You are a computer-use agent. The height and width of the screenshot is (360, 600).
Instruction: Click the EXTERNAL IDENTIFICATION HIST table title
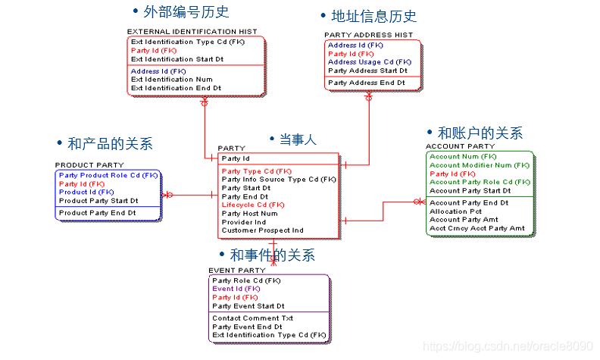192,32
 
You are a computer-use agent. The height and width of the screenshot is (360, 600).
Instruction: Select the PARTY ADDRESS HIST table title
369,35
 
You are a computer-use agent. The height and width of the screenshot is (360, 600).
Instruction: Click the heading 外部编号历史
185,12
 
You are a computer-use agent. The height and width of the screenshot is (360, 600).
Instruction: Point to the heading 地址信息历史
373,16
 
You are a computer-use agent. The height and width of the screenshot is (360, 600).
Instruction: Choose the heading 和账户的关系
480,133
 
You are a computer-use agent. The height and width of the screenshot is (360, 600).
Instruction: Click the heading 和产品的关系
110,143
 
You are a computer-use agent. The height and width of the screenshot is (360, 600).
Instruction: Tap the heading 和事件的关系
272,255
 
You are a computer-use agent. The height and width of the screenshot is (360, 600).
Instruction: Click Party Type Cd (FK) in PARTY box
257,171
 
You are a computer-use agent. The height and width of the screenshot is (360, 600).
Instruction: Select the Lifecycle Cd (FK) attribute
253,205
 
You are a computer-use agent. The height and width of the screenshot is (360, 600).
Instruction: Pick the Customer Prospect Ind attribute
262,230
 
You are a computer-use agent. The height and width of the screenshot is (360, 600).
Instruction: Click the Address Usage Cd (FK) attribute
370,62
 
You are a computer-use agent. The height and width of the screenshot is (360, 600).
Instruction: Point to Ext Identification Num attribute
172,80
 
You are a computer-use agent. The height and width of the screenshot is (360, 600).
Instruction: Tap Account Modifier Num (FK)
480,165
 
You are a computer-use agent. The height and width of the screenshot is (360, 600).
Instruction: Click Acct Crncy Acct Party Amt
477,228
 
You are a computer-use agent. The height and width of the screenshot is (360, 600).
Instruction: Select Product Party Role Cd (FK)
108,175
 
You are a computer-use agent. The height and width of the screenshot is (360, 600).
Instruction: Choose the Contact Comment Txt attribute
253,318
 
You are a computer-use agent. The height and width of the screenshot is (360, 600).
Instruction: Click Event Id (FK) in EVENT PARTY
236,289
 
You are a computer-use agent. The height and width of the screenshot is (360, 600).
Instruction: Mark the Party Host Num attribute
250,214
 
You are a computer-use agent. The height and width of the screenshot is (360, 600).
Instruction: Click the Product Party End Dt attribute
98,213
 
